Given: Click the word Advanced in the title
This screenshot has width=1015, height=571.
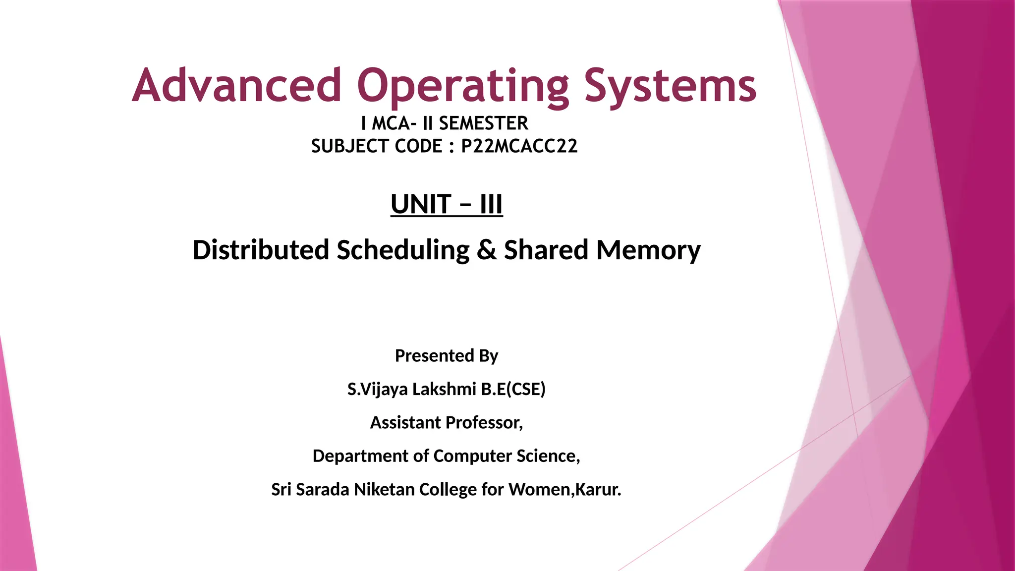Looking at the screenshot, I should coord(237,85).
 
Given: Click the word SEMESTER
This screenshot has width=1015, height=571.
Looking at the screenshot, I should coord(483,123).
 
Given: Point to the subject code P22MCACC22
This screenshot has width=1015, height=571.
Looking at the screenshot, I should coord(519,146).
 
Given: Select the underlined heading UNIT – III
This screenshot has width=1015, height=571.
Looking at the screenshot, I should coord(447,204).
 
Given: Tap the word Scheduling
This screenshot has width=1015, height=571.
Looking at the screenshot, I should coord(403,250).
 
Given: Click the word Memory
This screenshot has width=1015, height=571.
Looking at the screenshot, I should coord(648,250).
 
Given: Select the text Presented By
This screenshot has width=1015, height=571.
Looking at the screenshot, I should coord(447,355).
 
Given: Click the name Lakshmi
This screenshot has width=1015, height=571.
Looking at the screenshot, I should coord(444,389).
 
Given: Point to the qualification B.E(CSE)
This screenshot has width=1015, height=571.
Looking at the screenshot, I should coord(513,389).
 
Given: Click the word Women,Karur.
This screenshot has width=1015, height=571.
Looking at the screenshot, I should coord(564,489).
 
